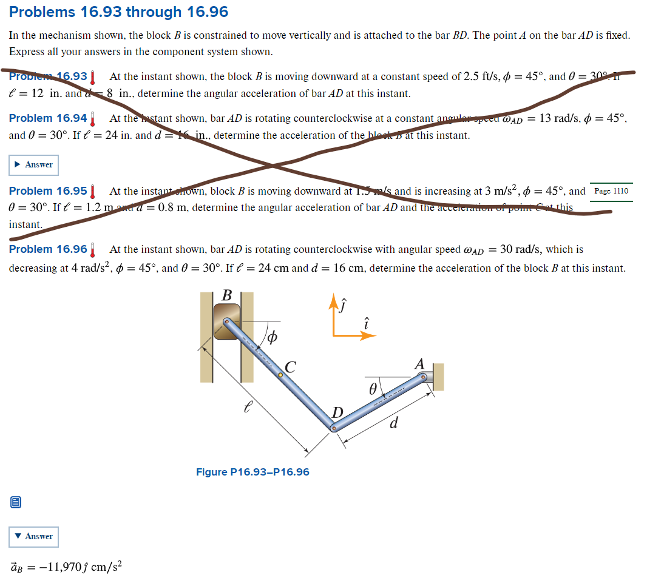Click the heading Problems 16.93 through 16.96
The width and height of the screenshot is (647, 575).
pos(119,12)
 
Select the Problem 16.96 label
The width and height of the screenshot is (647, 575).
pos(48,249)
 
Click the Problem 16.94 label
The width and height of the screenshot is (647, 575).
pos(48,118)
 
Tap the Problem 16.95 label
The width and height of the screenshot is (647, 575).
pos(48,191)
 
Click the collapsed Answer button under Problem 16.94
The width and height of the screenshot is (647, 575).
pos(33,164)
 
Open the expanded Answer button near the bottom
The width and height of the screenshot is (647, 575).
pos(33,536)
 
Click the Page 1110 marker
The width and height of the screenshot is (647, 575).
pos(611,191)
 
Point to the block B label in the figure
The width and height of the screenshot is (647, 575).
pos(227,295)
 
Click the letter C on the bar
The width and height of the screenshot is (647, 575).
pos(290,366)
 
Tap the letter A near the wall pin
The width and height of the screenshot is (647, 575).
pos(419,364)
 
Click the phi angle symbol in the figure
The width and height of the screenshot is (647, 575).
pos(273,337)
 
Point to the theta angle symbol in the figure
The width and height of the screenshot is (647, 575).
pos(373,386)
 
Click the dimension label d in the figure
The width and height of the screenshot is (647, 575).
pos(394,423)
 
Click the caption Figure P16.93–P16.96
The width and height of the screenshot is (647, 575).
pos(252,472)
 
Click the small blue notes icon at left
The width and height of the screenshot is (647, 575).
pos(16,502)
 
